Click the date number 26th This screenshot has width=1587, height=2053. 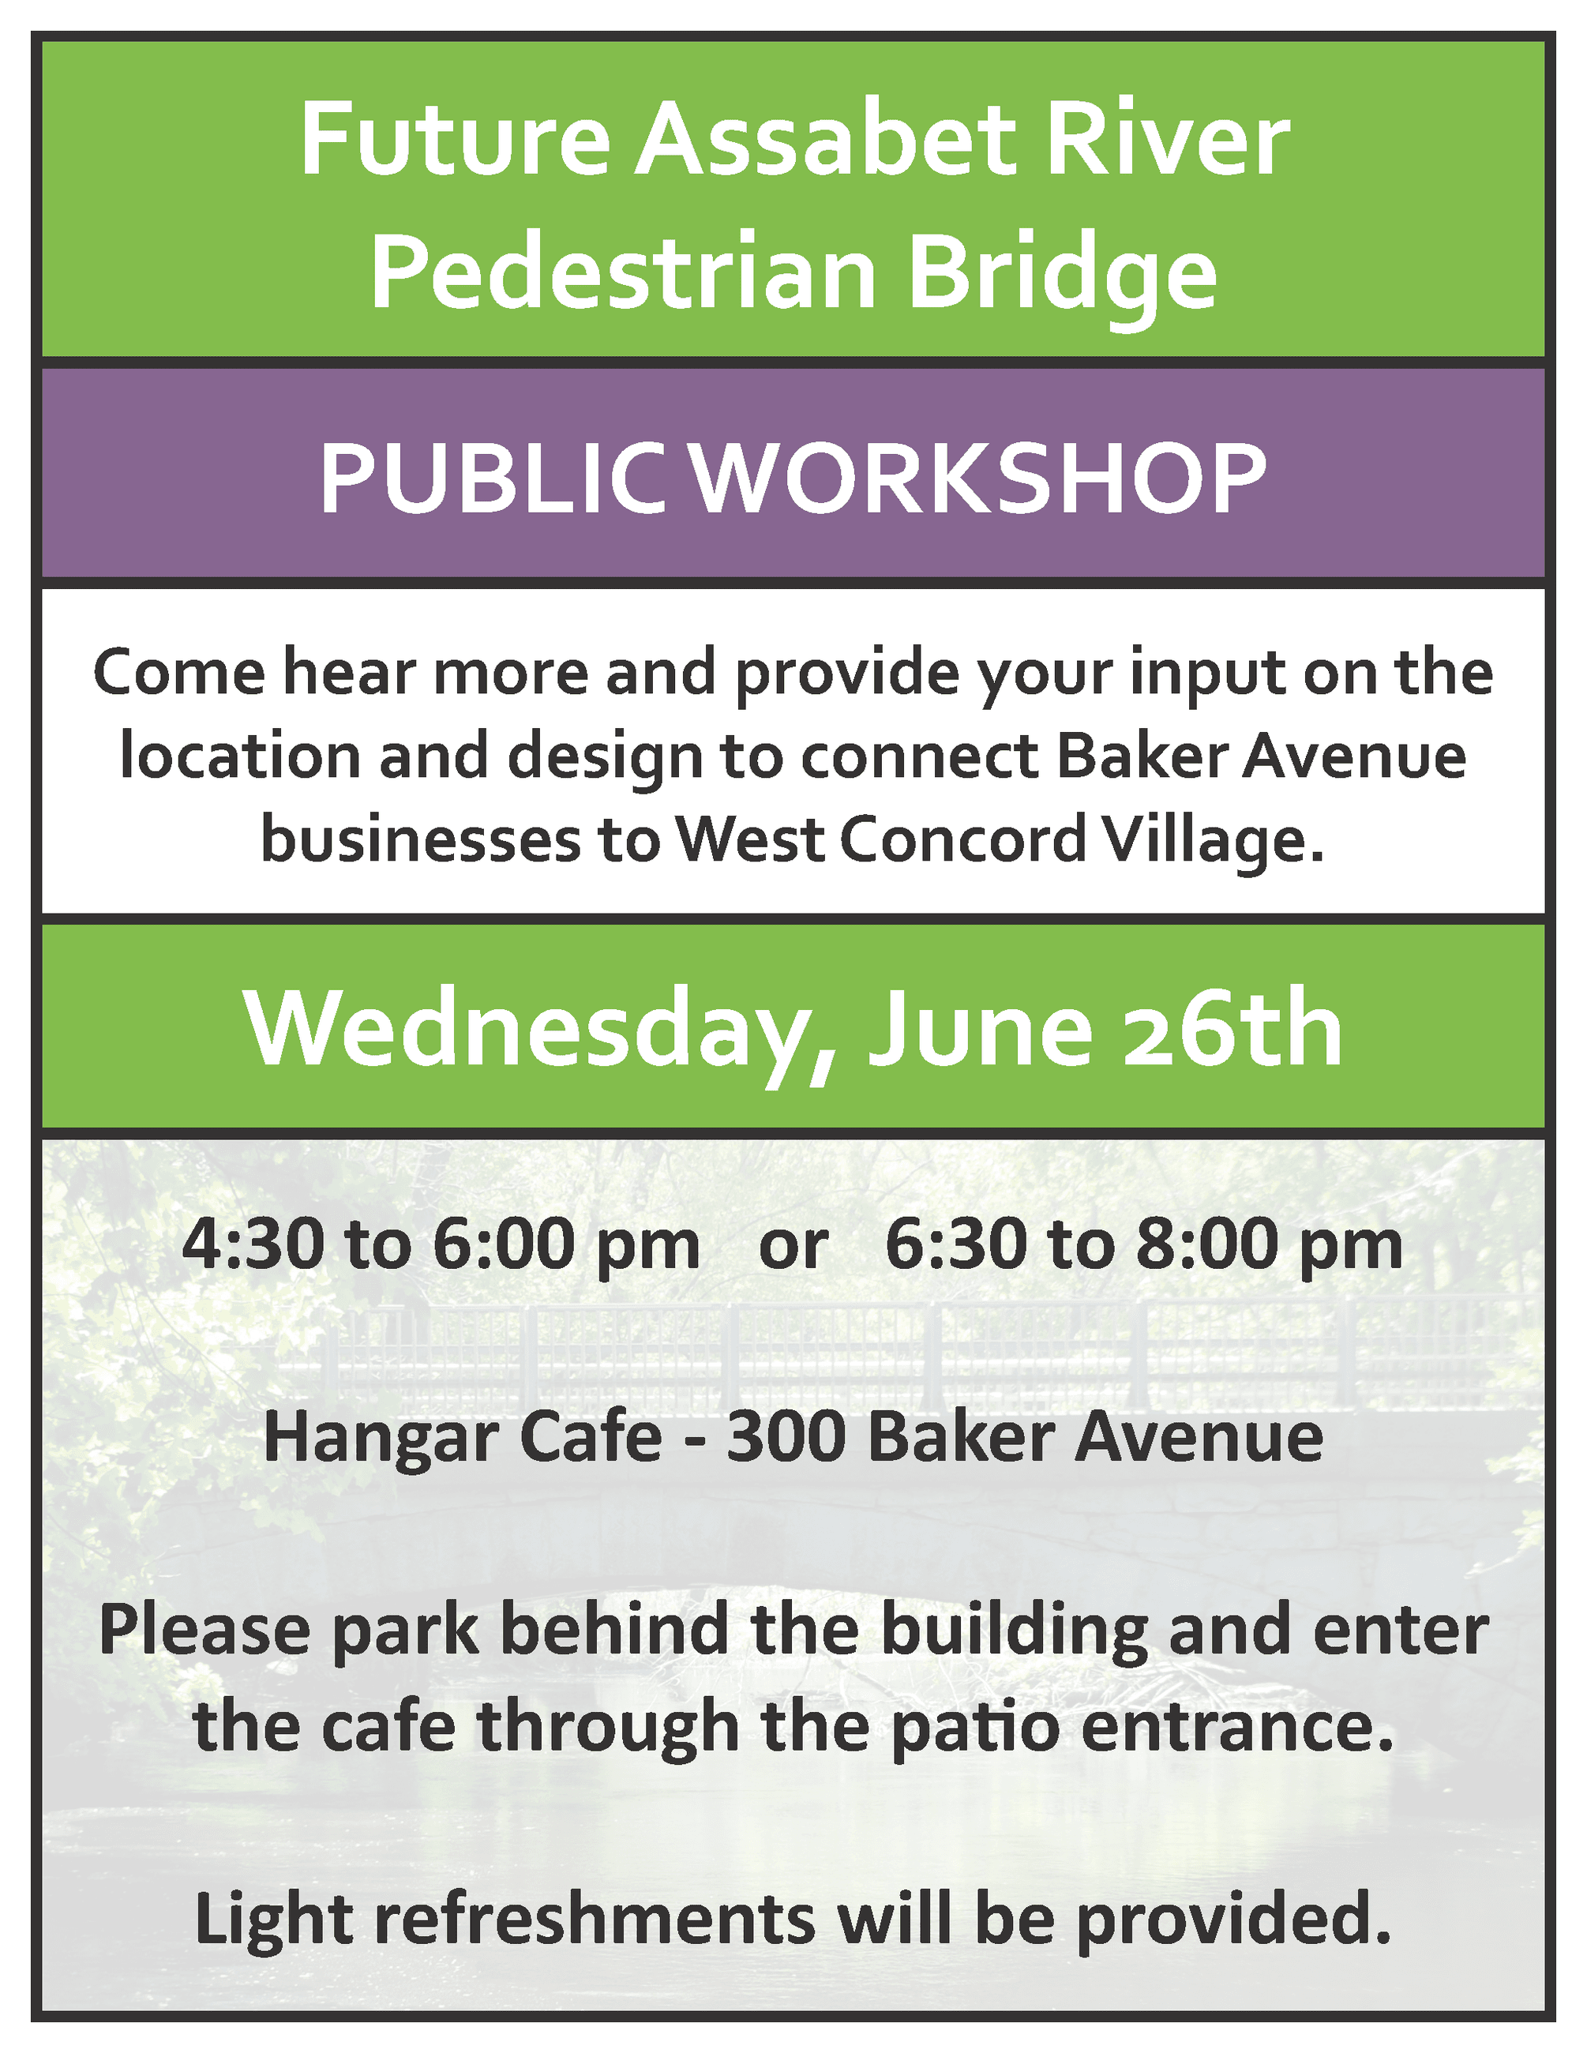[x=1232, y=1030]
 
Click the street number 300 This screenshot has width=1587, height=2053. [x=786, y=1438]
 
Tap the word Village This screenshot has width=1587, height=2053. [x=1214, y=839]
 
